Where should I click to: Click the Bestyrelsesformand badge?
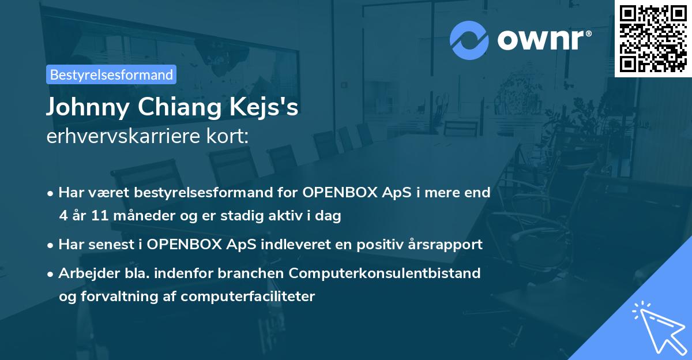click(x=111, y=74)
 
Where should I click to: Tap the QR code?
click(x=653, y=39)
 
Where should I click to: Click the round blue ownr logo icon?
click(x=469, y=40)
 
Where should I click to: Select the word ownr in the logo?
click(x=541, y=40)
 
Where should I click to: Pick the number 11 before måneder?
click(x=100, y=215)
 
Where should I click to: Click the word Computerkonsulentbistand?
click(x=385, y=273)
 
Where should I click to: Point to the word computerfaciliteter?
click(x=248, y=297)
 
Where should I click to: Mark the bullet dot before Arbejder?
click(x=50, y=274)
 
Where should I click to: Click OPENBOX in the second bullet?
click(x=184, y=245)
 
